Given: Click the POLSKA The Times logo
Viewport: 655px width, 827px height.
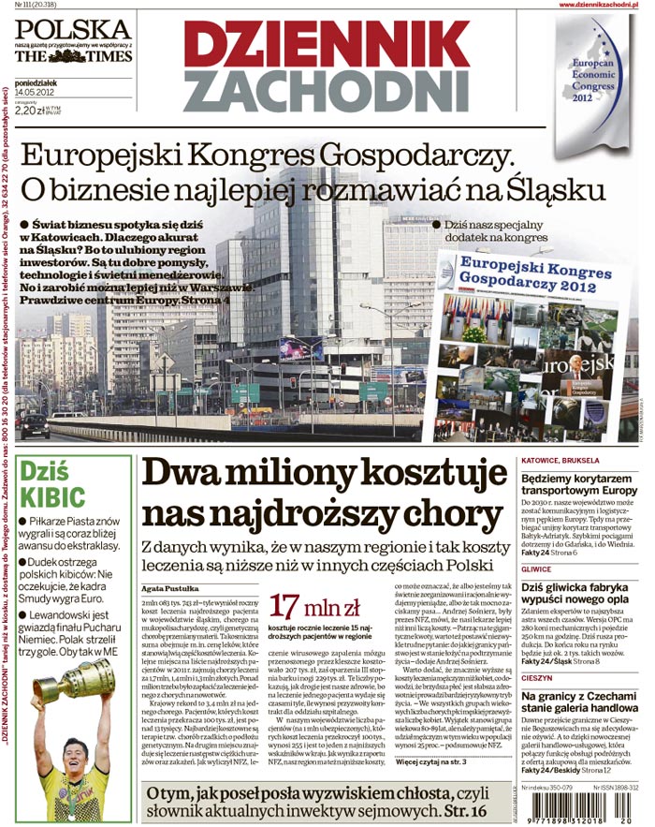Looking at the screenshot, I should pyautogui.click(x=73, y=43).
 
